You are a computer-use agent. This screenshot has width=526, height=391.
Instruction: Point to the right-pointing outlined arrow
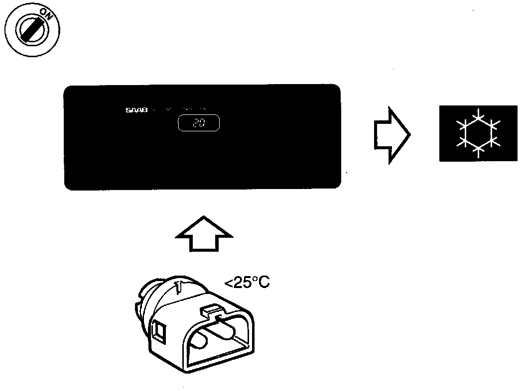coord(391,134)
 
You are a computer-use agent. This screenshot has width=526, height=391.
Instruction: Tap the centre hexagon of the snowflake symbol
coord(478,133)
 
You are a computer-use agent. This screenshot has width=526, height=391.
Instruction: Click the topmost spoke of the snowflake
coord(478,114)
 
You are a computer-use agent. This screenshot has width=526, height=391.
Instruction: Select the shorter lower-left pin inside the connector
coord(197,343)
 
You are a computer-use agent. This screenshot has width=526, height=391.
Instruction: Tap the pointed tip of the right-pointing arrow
coord(409,134)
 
